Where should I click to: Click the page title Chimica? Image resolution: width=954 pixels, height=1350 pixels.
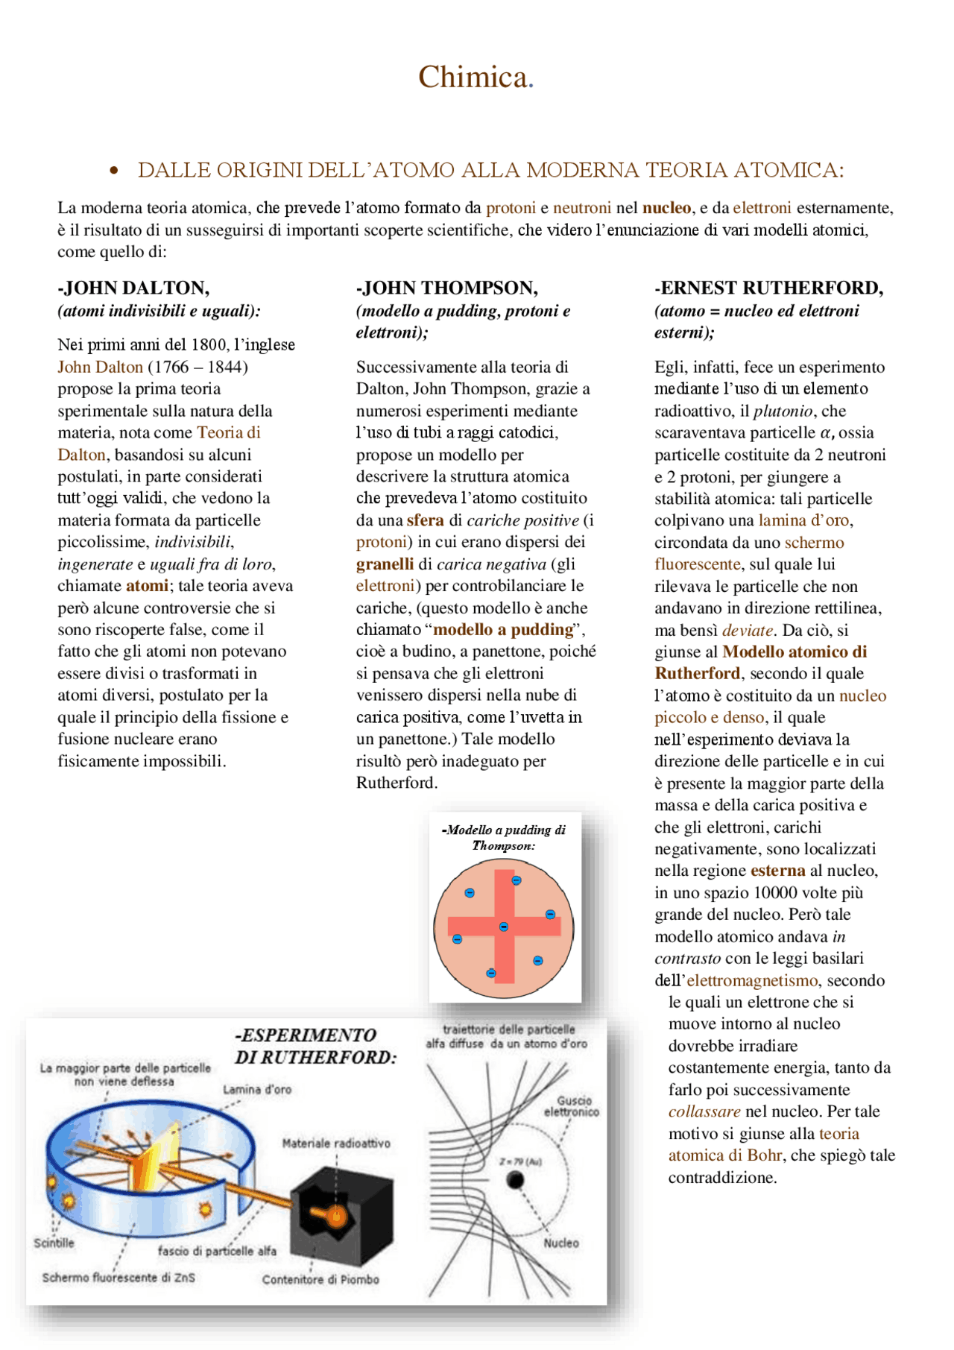tap(475, 78)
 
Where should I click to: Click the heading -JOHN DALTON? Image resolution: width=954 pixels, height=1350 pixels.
tap(133, 288)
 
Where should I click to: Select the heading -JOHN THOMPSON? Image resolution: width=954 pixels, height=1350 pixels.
tap(446, 288)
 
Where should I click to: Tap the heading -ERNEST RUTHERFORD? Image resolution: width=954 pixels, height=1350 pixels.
tap(768, 288)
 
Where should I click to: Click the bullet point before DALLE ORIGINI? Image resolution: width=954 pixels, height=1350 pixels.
tap(114, 171)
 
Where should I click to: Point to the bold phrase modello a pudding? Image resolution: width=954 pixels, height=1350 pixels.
tap(503, 630)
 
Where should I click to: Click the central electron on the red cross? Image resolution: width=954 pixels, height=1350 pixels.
tap(504, 927)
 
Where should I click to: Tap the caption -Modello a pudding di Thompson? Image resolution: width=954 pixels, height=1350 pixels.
tap(504, 837)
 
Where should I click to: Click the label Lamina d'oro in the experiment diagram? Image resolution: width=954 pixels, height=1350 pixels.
tap(257, 1089)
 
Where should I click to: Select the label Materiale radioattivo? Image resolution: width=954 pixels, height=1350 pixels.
tap(336, 1143)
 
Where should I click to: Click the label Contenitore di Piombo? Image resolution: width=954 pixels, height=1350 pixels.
tap(320, 1279)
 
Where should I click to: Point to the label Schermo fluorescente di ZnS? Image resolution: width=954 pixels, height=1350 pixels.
tap(119, 1277)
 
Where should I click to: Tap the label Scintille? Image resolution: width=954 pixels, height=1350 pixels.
tap(54, 1243)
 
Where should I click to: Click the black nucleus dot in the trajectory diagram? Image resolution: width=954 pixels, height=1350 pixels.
tap(514, 1179)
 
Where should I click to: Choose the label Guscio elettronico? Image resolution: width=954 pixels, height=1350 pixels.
tap(572, 1106)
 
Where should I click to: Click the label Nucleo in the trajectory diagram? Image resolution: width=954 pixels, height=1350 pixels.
tap(560, 1243)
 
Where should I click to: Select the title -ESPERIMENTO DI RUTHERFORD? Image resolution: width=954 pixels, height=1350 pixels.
tap(315, 1046)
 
